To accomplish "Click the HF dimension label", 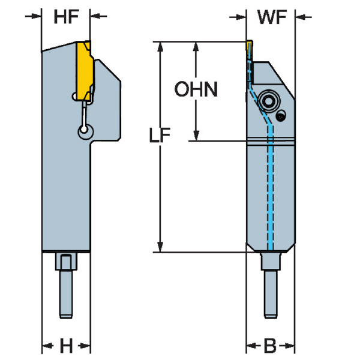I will [66, 17].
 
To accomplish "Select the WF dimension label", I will [271, 17].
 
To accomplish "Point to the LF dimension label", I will [160, 137].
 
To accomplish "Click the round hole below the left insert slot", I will [84, 131].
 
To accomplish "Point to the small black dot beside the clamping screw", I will [281, 115].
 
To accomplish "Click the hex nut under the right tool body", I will [271, 262].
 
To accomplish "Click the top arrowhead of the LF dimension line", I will [160, 47].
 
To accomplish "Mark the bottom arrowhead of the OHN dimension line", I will [195, 136].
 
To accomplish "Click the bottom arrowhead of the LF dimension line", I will [160, 247].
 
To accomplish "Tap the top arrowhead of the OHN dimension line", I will [195, 47].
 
